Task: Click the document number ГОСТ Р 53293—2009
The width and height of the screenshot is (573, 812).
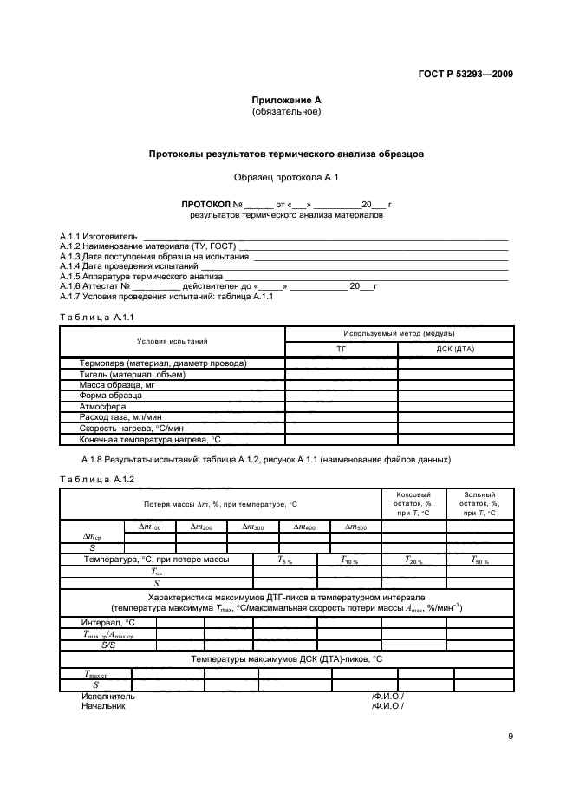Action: point(466,75)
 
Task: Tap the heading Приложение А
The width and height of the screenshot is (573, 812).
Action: point(286,101)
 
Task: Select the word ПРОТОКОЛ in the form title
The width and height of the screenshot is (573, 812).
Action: point(205,205)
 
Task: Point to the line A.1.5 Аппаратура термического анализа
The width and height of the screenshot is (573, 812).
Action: point(129,276)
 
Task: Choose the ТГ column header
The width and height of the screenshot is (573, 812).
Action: point(342,349)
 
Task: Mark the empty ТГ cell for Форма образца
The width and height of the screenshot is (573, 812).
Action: point(342,396)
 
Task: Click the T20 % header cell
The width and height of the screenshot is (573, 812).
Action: point(413,560)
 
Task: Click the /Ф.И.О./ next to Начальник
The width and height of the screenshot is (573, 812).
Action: point(387,706)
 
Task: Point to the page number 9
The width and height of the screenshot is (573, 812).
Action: point(511,737)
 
